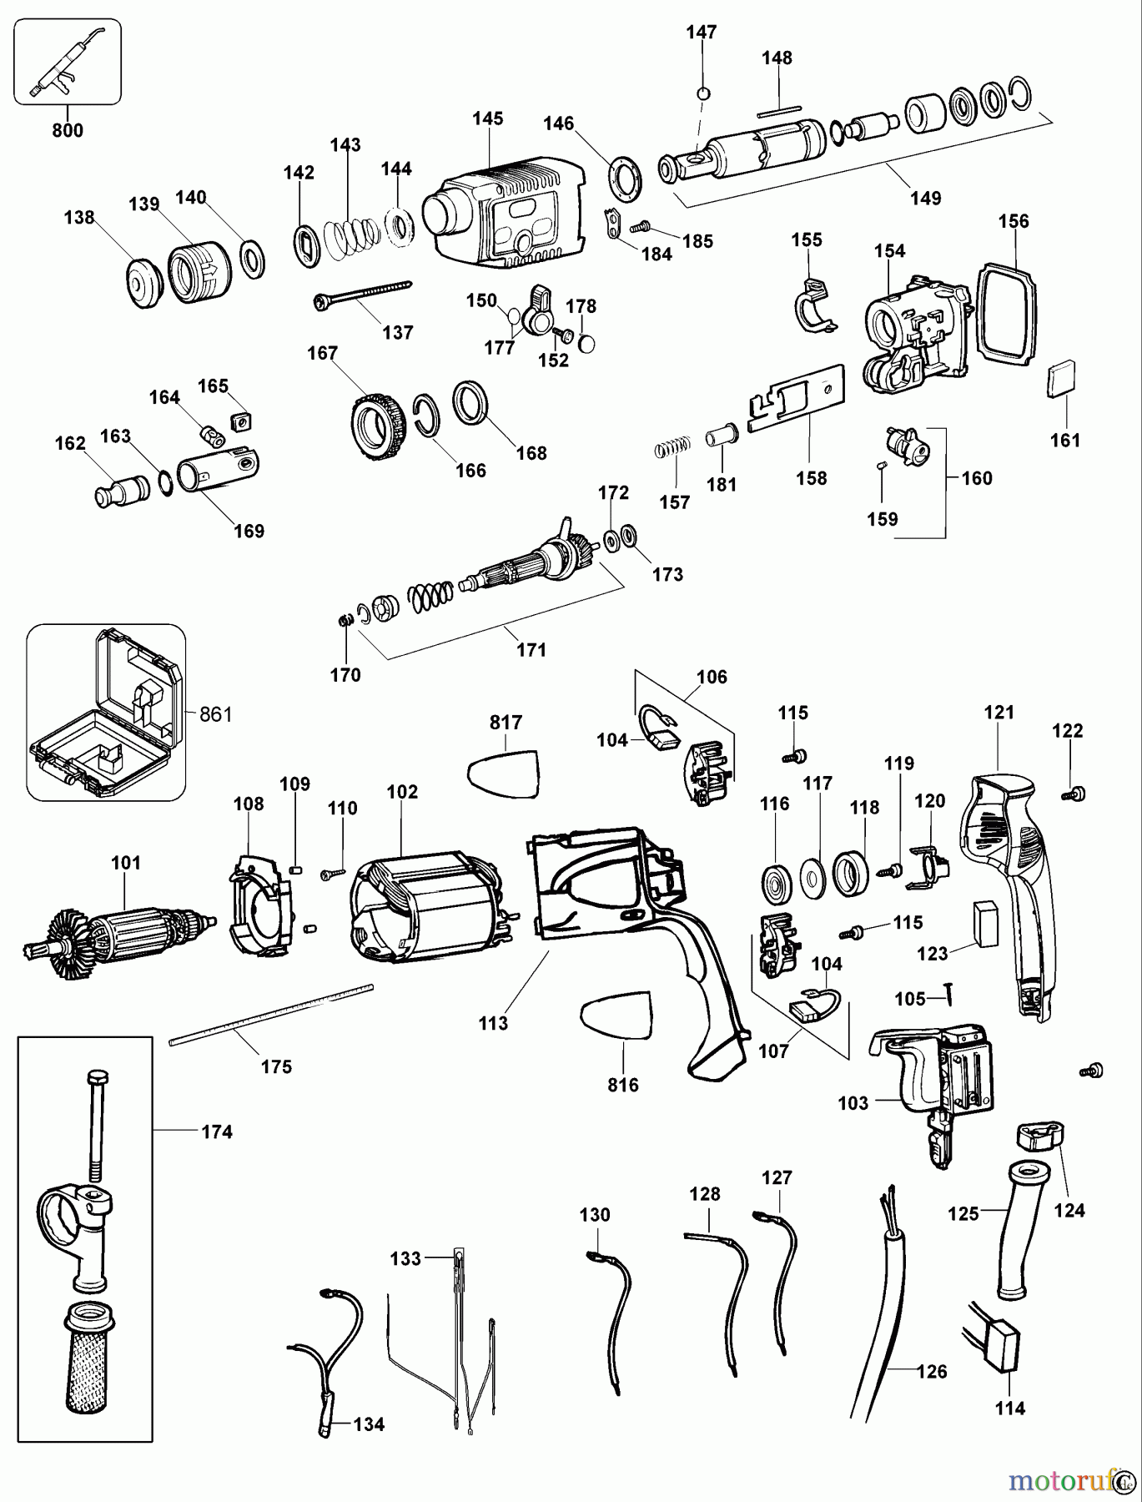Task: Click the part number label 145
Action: pos(487,118)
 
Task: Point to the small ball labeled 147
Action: pos(702,93)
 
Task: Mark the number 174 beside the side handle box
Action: pos(217,1132)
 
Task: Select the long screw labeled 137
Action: pos(363,293)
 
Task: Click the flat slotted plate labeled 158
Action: pos(797,400)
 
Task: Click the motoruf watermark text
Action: pos(1059,1480)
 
